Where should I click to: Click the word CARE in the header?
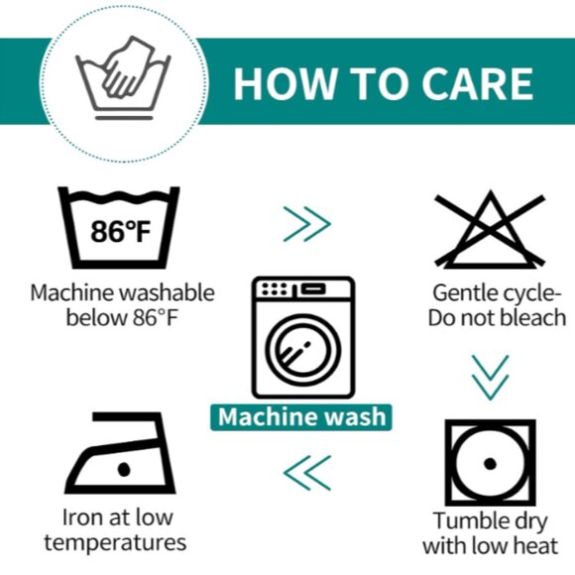point(478,84)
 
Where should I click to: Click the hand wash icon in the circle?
point(124,77)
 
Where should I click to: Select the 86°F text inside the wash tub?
point(121,231)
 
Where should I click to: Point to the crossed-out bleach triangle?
point(490,229)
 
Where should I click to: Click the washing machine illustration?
point(303,337)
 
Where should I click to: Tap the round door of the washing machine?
point(303,350)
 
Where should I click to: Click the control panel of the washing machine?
point(303,288)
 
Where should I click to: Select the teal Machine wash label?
point(301,417)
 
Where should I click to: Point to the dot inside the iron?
point(124,469)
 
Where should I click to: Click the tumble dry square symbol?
point(491,463)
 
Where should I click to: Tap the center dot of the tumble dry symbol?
point(491,464)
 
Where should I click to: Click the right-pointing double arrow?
point(307,224)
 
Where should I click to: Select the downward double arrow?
point(491,378)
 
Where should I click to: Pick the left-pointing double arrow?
point(307,473)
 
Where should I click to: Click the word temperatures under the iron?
point(115,543)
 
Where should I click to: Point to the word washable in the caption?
point(168,293)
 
